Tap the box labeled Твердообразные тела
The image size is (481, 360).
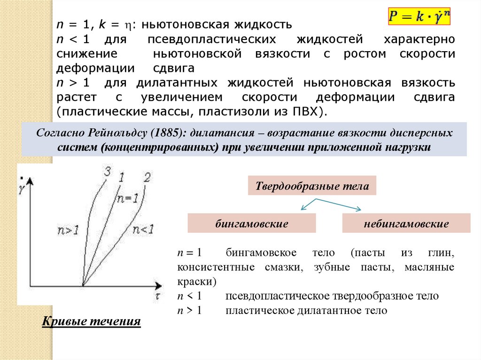click(312, 186)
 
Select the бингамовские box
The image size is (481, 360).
click(251, 223)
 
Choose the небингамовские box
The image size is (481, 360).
click(406, 223)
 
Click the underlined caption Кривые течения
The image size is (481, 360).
click(92, 322)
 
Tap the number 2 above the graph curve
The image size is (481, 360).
click(147, 177)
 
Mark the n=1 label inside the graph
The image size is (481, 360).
click(127, 199)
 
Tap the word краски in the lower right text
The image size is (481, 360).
click(195, 282)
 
